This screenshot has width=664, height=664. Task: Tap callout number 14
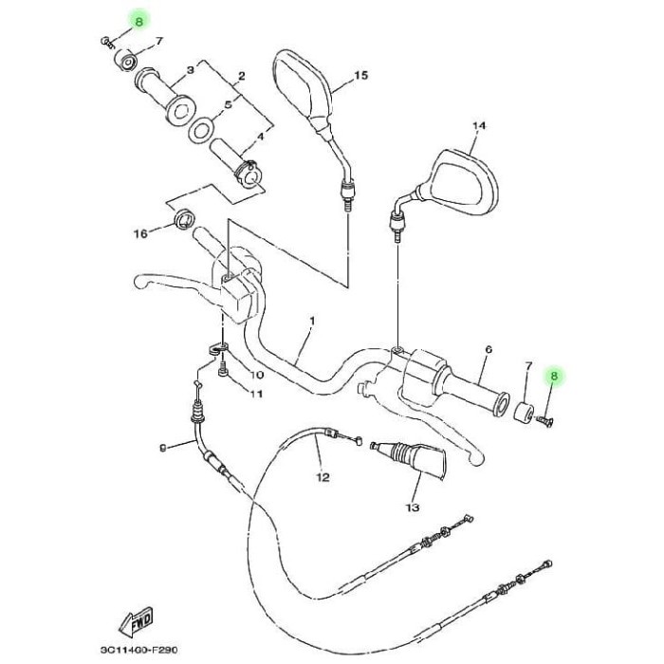coord(478,126)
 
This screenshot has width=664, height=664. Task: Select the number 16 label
coord(140,233)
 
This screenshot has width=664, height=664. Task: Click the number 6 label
coord(489,349)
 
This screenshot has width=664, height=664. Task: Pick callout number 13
coord(412,508)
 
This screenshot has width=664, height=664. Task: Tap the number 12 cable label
coord(323,477)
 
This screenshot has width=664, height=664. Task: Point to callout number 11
coord(255,394)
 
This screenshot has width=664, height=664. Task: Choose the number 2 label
coord(241,75)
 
